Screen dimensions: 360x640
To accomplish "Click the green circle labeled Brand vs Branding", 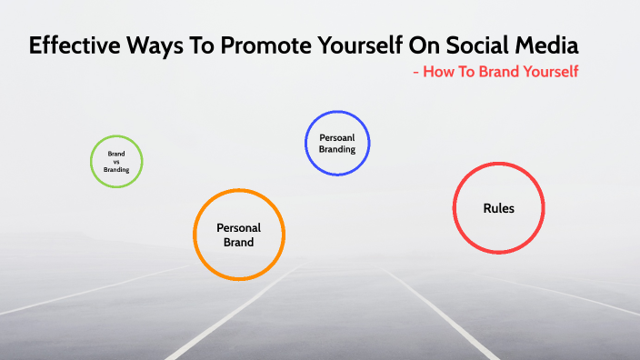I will tap(116, 162).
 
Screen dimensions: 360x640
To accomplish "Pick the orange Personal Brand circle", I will tap(239, 235).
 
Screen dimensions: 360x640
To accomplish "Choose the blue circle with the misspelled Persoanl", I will tap(337, 143).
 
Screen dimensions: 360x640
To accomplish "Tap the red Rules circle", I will tap(498, 208).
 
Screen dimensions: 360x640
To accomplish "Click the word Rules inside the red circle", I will tap(498, 208).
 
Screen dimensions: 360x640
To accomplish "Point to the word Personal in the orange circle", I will tap(239, 227).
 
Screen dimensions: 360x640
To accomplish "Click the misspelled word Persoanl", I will tap(337, 136).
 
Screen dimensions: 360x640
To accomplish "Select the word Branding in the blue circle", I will tap(337, 149).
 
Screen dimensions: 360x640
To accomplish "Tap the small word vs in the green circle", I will tap(116, 162).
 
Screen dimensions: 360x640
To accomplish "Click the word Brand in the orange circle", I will tap(239, 243).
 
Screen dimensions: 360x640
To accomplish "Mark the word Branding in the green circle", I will tap(116, 169).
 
